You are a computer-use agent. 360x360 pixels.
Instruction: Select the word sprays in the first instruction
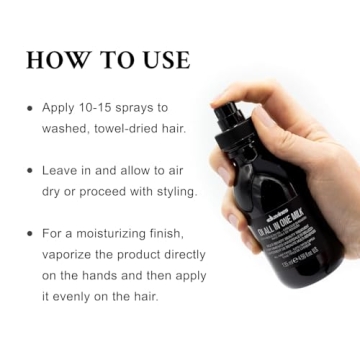coord(149,105)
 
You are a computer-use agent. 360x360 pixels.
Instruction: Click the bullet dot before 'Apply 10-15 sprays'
coord(30,105)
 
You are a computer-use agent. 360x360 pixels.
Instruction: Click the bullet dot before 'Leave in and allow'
coord(30,170)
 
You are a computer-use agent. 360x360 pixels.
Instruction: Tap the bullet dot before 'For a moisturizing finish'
coord(30,233)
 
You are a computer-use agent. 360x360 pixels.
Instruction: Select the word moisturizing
coord(125,233)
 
